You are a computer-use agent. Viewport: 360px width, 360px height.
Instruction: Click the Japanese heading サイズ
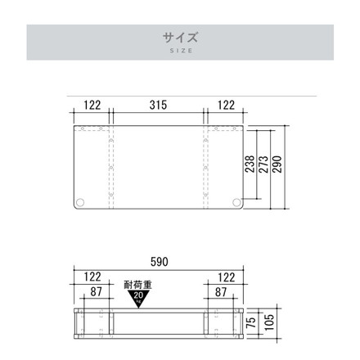click(180, 36)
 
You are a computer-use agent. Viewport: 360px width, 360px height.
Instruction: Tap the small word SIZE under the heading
click(180, 51)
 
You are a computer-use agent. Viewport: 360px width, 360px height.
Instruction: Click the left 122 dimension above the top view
click(92, 106)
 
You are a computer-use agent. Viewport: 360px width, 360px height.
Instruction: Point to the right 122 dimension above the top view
click(226, 106)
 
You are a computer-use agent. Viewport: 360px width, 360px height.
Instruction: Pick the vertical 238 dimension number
click(249, 166)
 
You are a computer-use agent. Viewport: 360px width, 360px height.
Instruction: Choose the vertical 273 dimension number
click(263, 166)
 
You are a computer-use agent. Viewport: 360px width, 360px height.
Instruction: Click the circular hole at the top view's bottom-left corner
click(80, 202)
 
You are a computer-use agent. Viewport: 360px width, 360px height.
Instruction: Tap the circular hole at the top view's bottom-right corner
click(236, 202)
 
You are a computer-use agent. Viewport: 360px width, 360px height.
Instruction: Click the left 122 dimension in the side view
click(92, 277)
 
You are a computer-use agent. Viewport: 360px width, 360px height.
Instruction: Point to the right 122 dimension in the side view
click(226, 277)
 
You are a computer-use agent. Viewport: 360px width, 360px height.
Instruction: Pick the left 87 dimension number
click(97, 291)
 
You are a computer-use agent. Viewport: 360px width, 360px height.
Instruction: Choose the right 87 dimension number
click(221, 291)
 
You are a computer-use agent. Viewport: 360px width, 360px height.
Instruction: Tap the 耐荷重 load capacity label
click(137, 286)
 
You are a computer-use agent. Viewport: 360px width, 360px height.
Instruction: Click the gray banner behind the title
click(82, 41)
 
